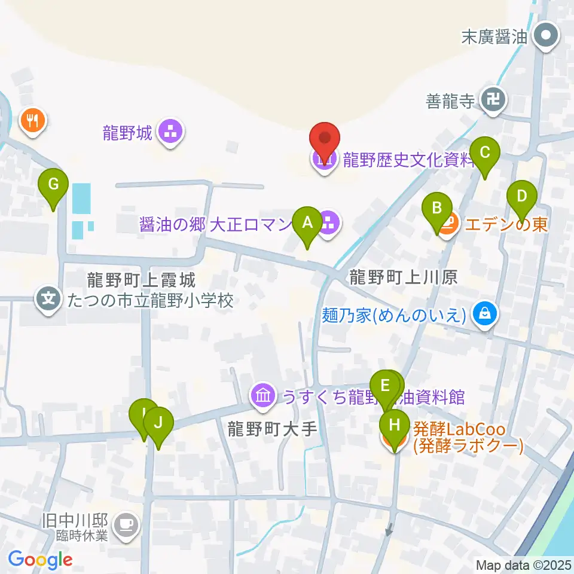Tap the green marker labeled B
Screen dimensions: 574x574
437,209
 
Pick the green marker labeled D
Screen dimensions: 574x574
521,196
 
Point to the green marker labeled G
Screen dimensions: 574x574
53,184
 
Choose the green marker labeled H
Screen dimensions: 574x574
395,426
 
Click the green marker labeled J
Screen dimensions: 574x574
158,423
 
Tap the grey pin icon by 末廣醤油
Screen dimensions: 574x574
545,36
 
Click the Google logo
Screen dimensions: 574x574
40,560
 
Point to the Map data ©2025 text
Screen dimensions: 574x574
523,564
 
